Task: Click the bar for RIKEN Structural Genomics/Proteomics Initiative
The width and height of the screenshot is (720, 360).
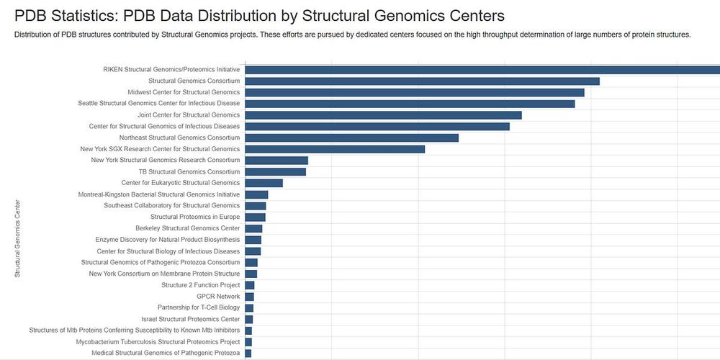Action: [x=482, y=70]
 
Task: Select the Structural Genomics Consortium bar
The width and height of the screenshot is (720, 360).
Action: [x=423, y=81]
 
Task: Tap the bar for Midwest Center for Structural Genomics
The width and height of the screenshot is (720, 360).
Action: [x=415, y=92]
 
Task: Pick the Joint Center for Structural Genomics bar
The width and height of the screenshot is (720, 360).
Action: [x=383, y=115]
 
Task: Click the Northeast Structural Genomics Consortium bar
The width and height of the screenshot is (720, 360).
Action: [x=352, y=138]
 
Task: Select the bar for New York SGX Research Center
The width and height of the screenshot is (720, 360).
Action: [x=335, y=149]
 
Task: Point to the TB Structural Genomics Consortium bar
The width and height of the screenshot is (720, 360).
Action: [x=276, y=171]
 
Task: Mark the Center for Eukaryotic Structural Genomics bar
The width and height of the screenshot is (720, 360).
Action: [x=264, y=183]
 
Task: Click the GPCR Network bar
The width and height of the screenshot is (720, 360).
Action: [x=250, y=297]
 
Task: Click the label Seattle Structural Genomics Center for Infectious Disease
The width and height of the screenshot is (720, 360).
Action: [x=158, y=104]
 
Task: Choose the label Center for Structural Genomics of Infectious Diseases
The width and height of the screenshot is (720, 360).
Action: [x=164, y=127]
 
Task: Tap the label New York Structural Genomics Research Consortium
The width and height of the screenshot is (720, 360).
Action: [x=166, y=161]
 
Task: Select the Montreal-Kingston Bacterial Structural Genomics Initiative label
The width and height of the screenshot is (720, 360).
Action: [x=158, y=194]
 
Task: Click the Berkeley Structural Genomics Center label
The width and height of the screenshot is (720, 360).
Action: [x=187, y=228]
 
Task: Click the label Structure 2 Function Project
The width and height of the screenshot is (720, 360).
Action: [x=201, y=285]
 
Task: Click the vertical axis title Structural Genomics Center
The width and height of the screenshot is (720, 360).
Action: [x=17, y=238]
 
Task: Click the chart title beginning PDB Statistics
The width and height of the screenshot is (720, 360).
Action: [x=259, y=16]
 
